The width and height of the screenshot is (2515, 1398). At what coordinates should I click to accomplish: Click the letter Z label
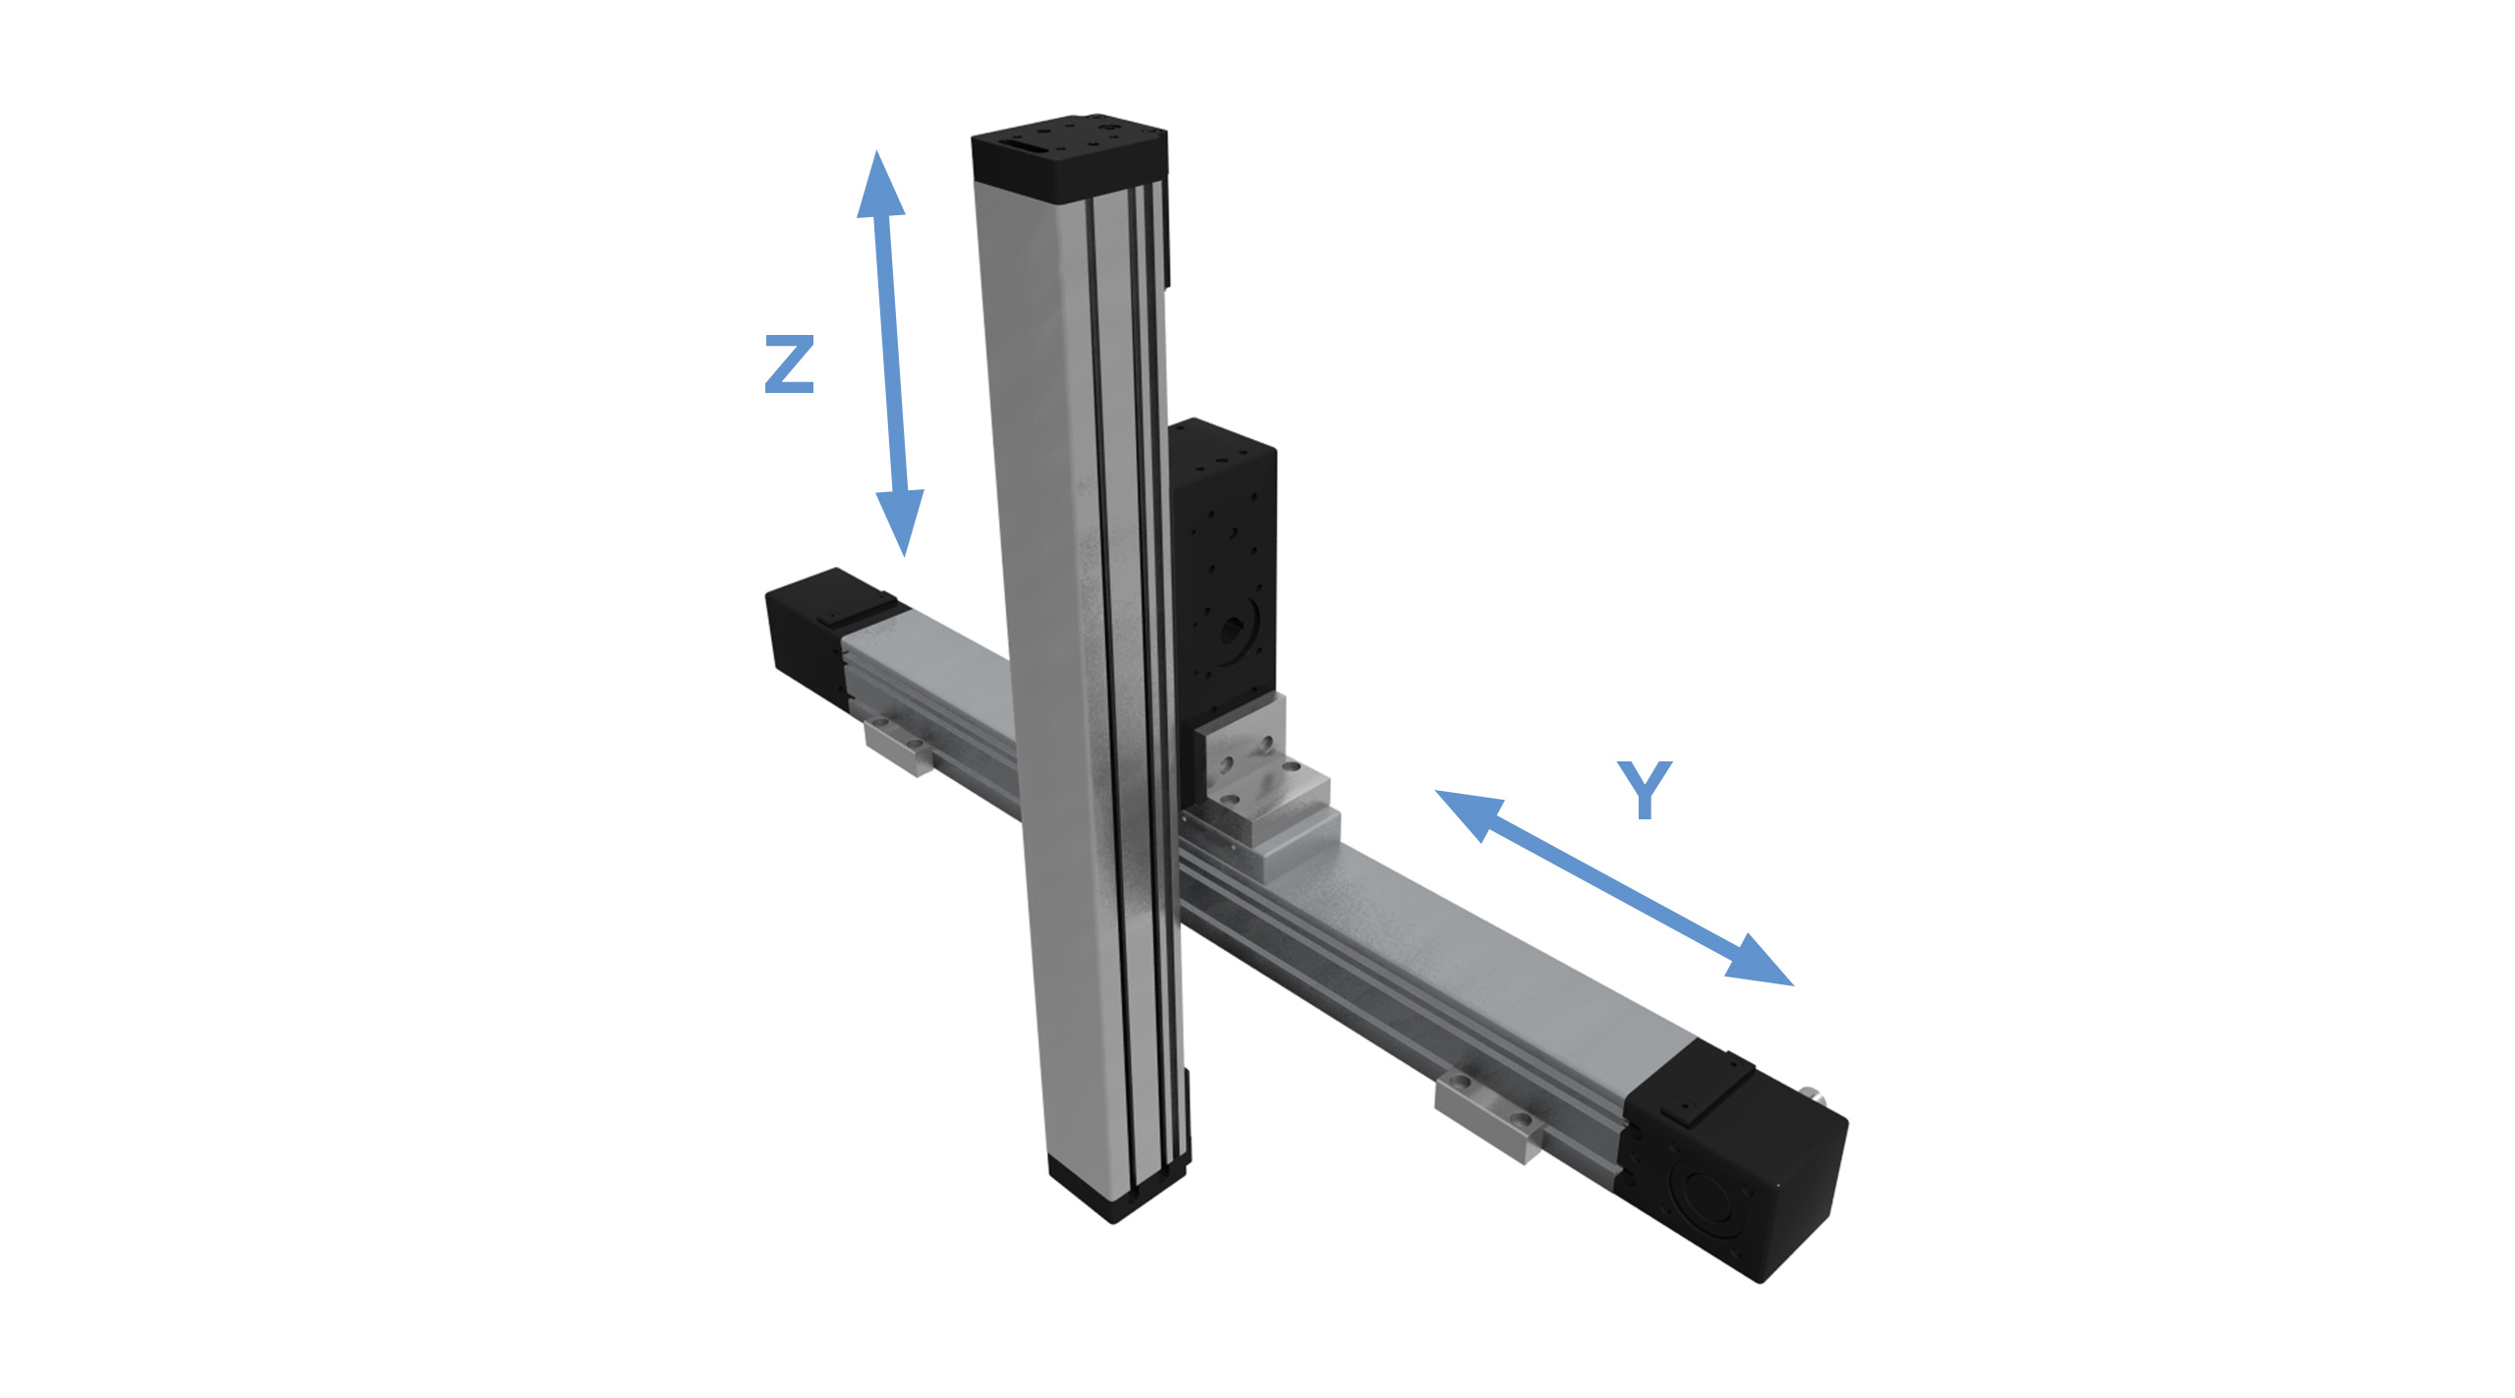(789, 364)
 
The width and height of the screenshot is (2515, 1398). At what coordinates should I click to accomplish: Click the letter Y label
(1644, 789)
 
